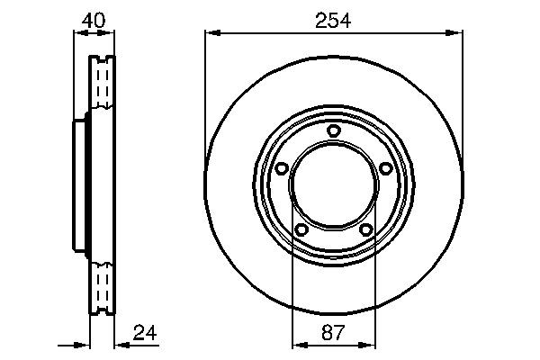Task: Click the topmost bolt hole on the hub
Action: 333,131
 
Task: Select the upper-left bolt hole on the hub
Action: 280,168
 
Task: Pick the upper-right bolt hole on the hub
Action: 386,168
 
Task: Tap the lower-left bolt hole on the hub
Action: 301,230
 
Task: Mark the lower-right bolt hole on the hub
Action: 365,230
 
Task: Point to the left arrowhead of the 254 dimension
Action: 211,34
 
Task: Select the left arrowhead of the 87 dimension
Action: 297,343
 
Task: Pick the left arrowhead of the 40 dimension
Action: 76,34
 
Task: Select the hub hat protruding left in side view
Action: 78,185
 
